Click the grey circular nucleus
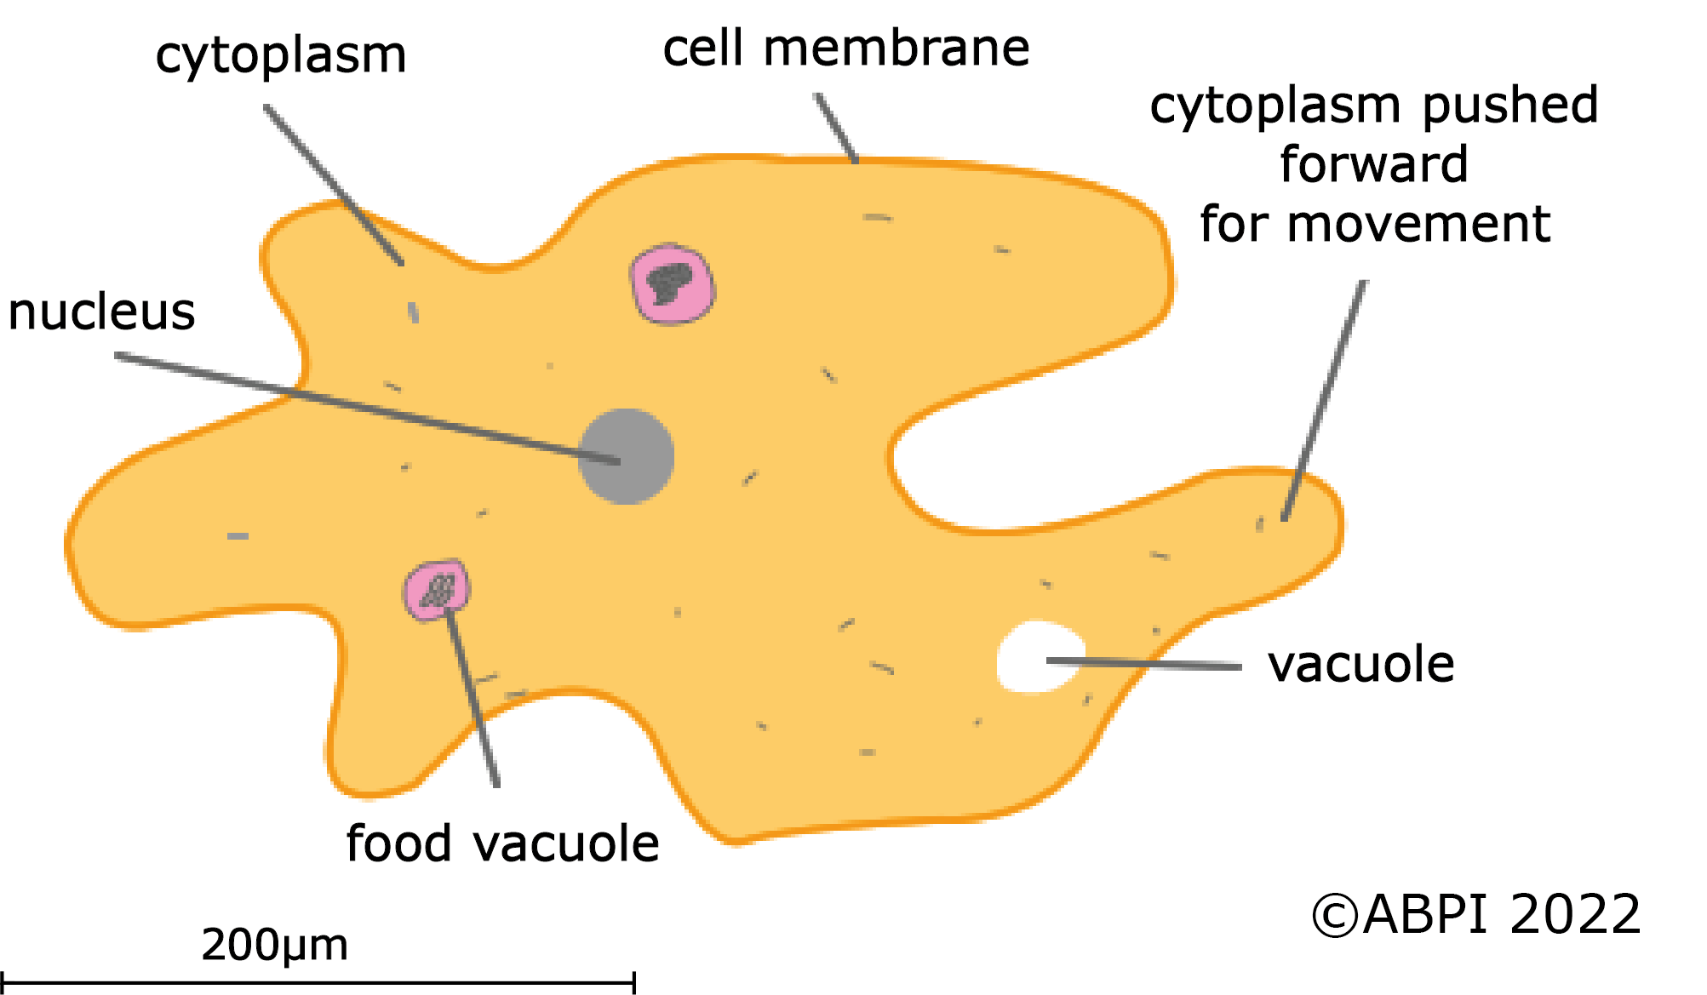coord(627,456)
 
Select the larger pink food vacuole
coord(672,284)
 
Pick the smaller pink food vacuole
coord(436,589)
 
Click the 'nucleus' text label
coord(101,312)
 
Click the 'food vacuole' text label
coord(502,843)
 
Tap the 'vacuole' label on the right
coord(1360,664)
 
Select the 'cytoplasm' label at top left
coord(281,55)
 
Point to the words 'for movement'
coord(1374,224)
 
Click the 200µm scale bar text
coord(274,945)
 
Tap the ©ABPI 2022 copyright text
coord(1475,915)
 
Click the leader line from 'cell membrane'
coord(836,128)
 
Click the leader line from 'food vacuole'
coord(472,698)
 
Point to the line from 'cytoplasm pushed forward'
coord(1325,400)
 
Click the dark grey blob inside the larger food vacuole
coord(669,283)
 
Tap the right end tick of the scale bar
coord(633,983)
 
